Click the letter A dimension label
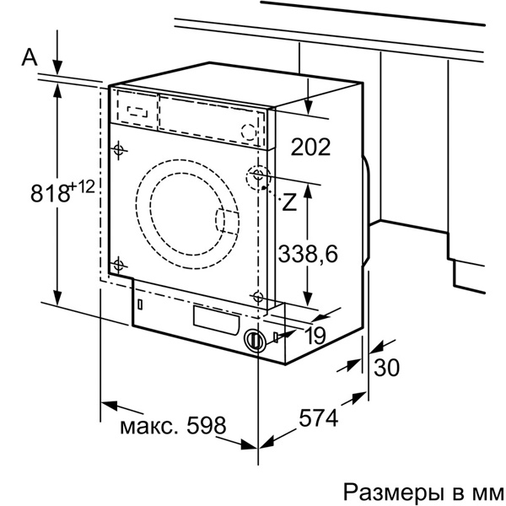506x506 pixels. pyautogui.click(x=30, y=57)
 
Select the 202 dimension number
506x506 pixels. pyautogui.click(x=310, y=147)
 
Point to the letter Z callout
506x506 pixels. pyautogui.click(x=289, y=202)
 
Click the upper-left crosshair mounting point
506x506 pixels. pyautogui.click(x=118, y=149)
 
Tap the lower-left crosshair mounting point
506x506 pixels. pyautogui.click(x=118, y=265)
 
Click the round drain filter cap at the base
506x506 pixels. pyautogui.click(x=253, y=340)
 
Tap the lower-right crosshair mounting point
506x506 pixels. pyautogui.click(x=258, y=296)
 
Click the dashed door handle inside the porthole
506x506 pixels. pyautogui.click(x=228, y=221)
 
